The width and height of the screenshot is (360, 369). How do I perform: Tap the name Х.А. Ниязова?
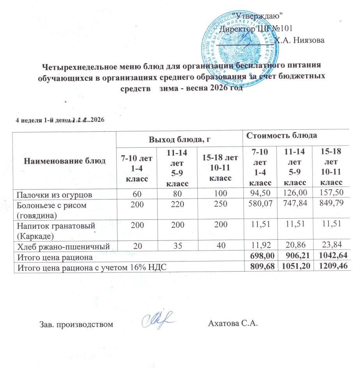[301, 39]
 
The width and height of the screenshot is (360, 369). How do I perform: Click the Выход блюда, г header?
[179, 138]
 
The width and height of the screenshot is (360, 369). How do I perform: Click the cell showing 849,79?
[330, 204]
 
